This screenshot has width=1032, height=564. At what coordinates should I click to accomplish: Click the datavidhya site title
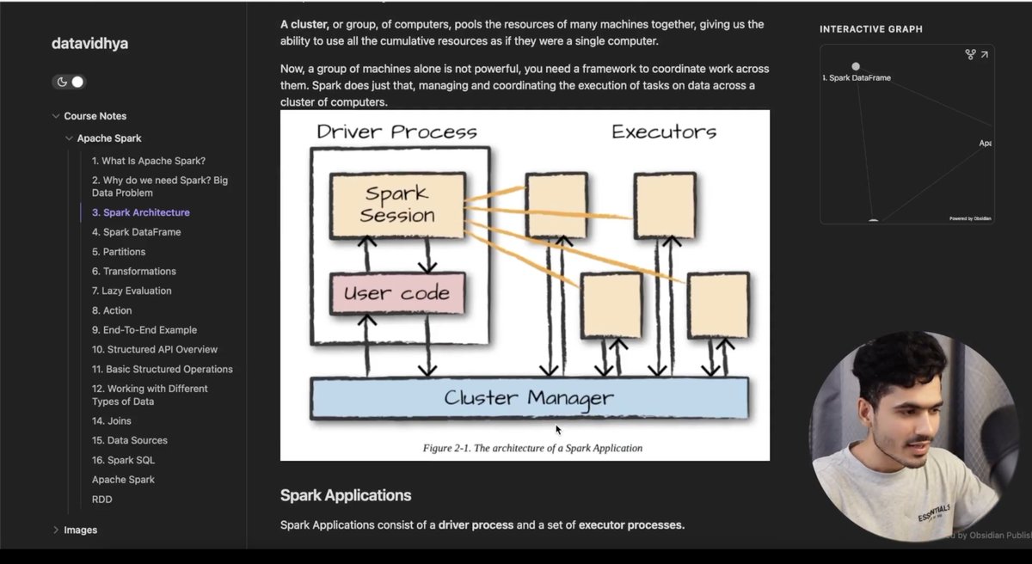[x=89, y=43]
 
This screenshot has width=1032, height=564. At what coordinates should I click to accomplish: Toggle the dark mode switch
[x=70, y=82]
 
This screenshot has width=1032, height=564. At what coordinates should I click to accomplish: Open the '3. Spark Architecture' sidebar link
[x=141, y=212]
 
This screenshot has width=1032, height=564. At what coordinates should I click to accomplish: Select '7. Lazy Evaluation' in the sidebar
[x=132, y=291]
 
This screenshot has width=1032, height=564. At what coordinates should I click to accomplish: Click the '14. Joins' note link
[x=112, y=421]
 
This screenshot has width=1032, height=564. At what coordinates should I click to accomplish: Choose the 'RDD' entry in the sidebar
[x=101, y=500]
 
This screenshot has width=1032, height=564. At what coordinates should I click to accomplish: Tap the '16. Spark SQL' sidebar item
[x=123, y=460]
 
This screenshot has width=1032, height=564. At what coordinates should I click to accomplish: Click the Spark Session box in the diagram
[x=397, y=205]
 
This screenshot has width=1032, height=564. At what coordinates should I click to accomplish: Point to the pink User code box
[x=397, y=293]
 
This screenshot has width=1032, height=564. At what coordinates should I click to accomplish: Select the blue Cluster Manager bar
[x=529, y=398]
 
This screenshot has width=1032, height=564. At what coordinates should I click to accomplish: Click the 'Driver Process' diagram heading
[x=396, y=132]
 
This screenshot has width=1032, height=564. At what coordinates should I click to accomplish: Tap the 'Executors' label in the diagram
[x=663, y=132]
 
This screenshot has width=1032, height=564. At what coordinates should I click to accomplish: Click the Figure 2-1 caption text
[x=532, y=448]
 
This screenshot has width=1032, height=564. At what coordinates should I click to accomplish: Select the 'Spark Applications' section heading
[x=346, y=495]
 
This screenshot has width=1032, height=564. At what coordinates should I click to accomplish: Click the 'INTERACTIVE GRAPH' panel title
[x=871, y=29]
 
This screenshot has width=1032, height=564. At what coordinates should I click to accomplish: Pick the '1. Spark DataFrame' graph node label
[x=857, y=77]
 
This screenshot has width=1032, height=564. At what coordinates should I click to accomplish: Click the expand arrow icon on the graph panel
[x=984, y=55]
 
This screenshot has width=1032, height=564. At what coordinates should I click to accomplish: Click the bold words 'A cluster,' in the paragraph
[x=304, y=24]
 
